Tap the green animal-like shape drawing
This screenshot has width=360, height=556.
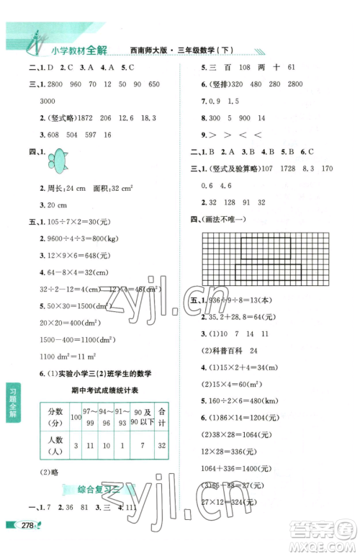[58, 157]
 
